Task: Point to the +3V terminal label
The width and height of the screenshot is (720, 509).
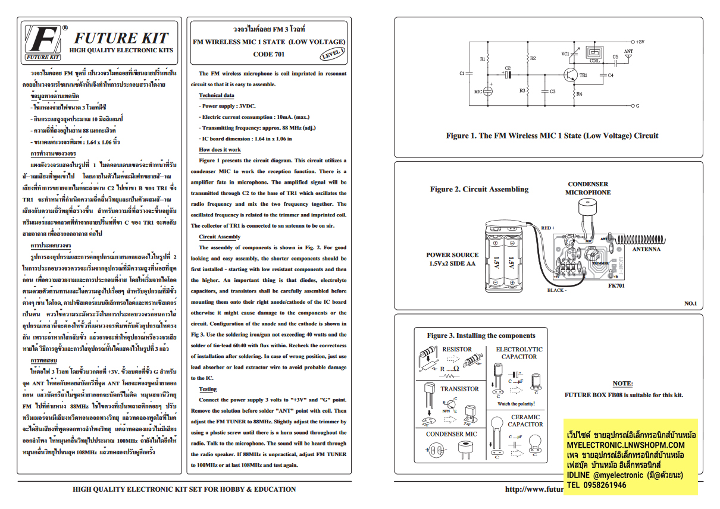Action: coord(640,42)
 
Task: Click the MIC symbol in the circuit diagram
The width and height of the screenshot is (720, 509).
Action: coord(487,92)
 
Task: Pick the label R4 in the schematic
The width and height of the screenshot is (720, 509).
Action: coord(580,95)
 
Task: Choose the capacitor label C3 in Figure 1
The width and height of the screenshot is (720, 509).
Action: coord(552,92)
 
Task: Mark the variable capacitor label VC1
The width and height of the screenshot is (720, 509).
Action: coord(565,54)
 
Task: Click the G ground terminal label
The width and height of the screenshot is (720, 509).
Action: coord(637,106)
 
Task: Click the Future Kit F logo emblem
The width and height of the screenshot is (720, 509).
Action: coord(43,42)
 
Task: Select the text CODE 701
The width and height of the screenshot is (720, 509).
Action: coord(269,54)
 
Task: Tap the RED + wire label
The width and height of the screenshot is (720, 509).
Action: coord(546,228)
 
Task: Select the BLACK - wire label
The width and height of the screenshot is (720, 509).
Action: coord(557,290)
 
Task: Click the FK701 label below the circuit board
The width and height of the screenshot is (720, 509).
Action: coord(616,286)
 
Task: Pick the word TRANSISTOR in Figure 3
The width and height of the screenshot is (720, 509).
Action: coord(459,389)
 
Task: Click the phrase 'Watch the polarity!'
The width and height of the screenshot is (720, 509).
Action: coord(516,404)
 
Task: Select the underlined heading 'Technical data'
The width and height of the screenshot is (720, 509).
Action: coord(216,95)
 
